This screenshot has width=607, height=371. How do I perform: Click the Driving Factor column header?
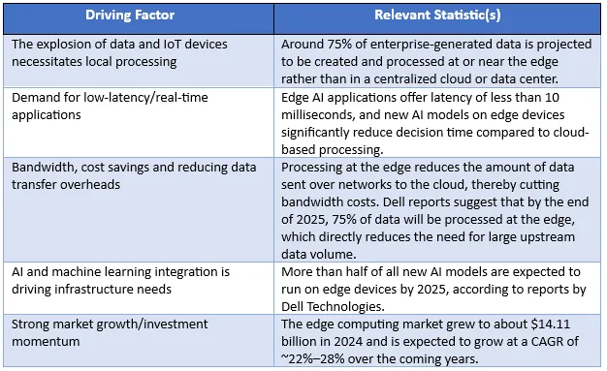(x=137, y=15)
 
